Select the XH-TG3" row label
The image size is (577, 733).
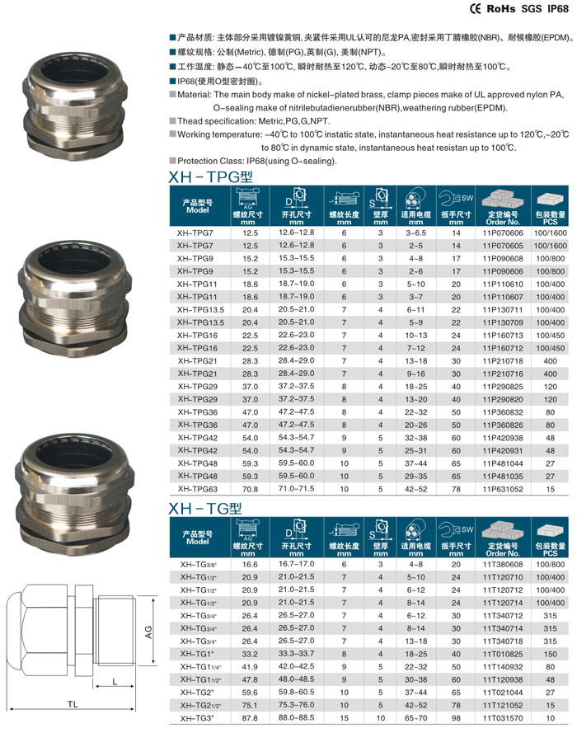(x=197, y=719)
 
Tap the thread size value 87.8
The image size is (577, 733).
(x=251, y=719)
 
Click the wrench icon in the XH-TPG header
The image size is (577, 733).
(x=451, y=199)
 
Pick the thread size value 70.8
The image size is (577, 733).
(x=251, y=489)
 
